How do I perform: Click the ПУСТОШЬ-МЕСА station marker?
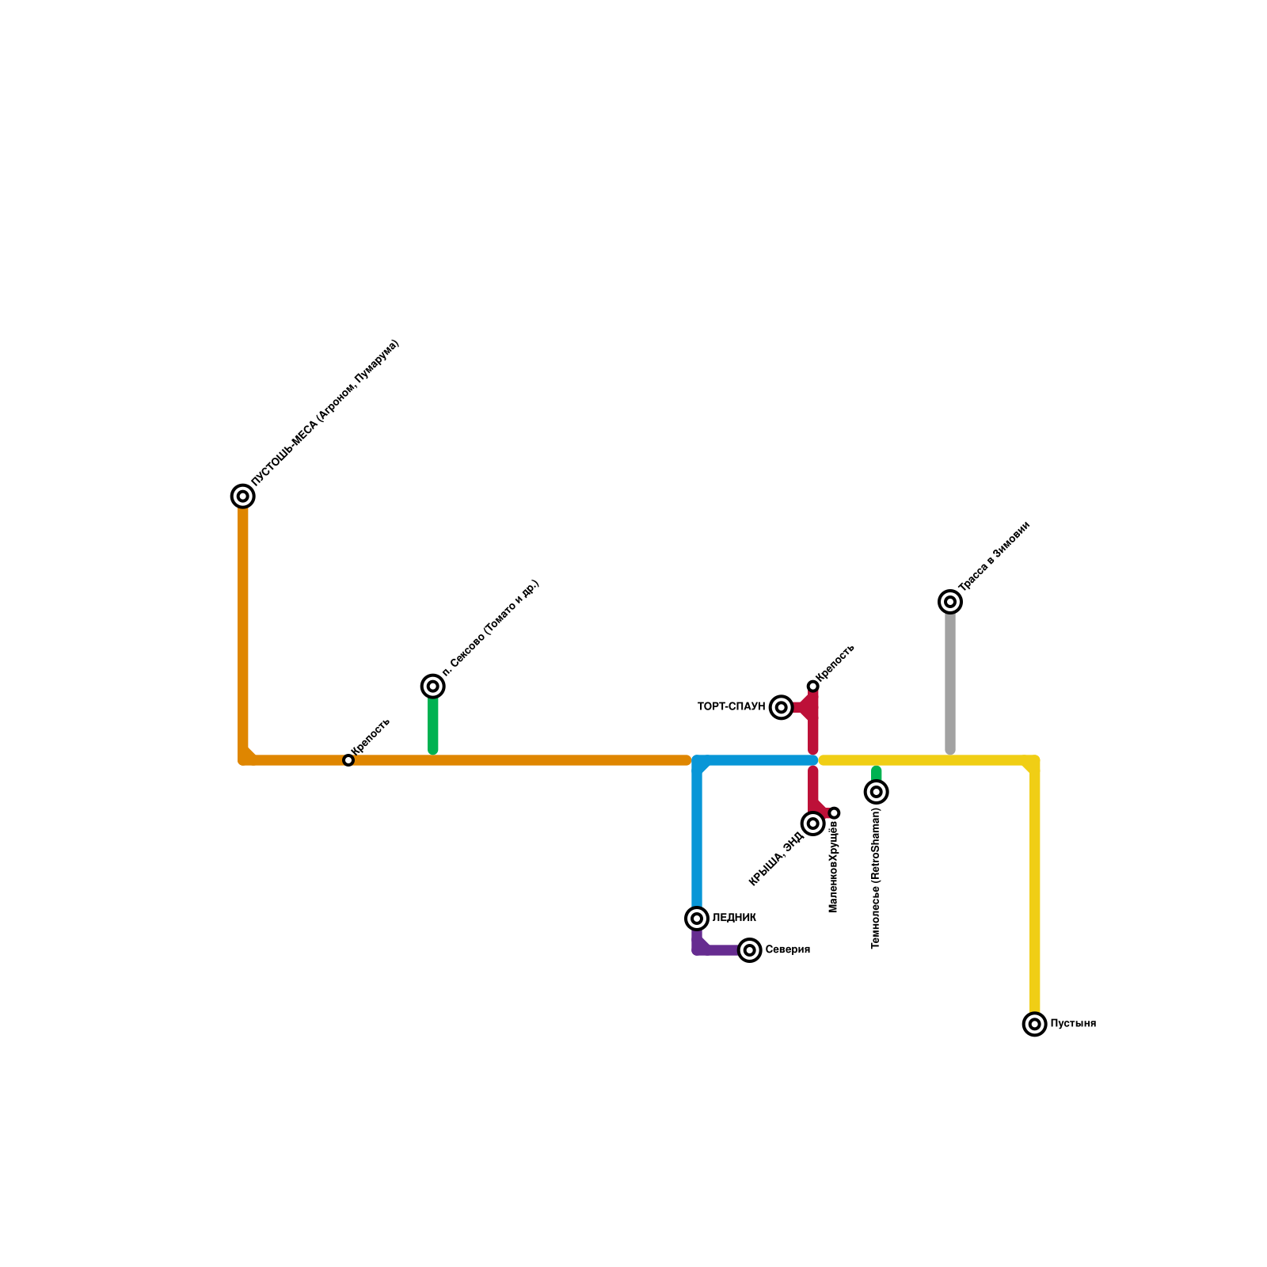243,497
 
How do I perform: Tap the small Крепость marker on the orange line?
348,760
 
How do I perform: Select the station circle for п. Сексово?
432,687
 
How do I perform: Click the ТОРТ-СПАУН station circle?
782,707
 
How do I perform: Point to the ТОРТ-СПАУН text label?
731,706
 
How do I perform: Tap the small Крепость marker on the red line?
812,687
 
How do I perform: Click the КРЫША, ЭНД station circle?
812,824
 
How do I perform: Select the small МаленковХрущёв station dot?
834,813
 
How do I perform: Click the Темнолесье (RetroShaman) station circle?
876,792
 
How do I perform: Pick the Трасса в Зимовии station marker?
950,602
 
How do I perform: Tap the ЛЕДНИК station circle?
697,919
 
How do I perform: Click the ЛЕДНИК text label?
734,919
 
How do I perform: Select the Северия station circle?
749,950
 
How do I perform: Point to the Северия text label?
787,950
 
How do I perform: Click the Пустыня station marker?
1034,1025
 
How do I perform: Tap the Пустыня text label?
1073,1024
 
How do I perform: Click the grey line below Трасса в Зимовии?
950,681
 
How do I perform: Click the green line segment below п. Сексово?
433,725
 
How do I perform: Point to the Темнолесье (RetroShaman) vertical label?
876,879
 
